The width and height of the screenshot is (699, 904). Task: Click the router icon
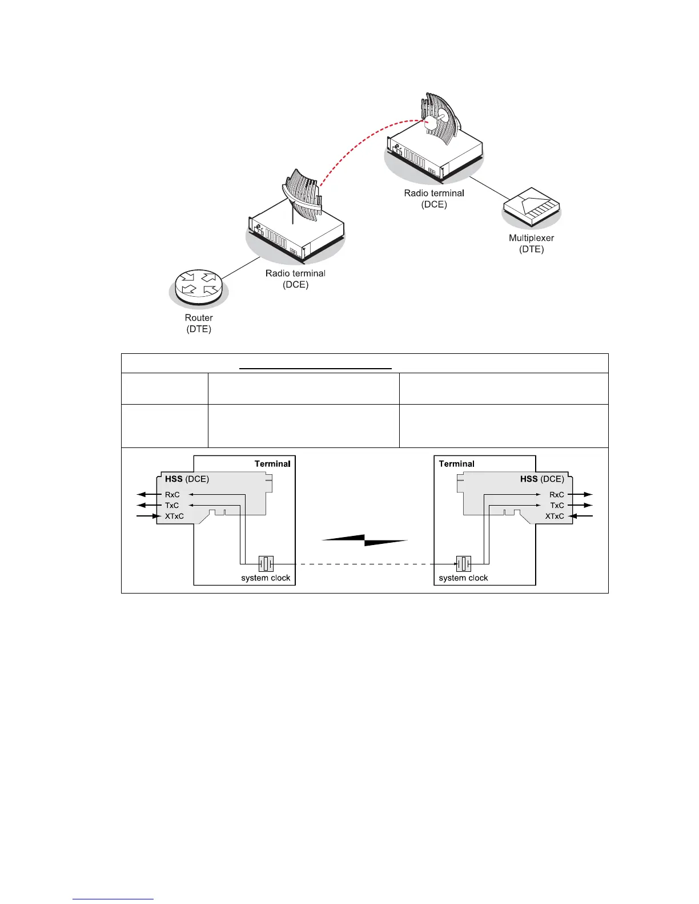pos(198,286)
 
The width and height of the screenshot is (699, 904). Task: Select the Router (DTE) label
pos(199,324)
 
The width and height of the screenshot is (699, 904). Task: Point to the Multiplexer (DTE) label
pos(531,244)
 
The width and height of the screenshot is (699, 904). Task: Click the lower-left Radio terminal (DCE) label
pos(295,279)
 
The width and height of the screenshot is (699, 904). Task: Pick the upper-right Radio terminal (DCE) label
pos(434,199)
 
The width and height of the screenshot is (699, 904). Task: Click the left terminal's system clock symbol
pos(266,564)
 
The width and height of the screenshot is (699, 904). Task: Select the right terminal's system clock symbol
pos(463,564)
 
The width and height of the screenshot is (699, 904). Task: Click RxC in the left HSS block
pos(172,495)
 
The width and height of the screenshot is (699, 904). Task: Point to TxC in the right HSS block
pos(557,506)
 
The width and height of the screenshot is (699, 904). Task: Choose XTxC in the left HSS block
pos(174,516)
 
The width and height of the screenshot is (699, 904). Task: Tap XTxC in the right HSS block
pos(555,516)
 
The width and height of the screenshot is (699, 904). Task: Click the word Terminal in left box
pos(272,464)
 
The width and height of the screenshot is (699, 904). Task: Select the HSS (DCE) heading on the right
pos(542,479)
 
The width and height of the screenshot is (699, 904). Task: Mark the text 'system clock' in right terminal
pos(463,578)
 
